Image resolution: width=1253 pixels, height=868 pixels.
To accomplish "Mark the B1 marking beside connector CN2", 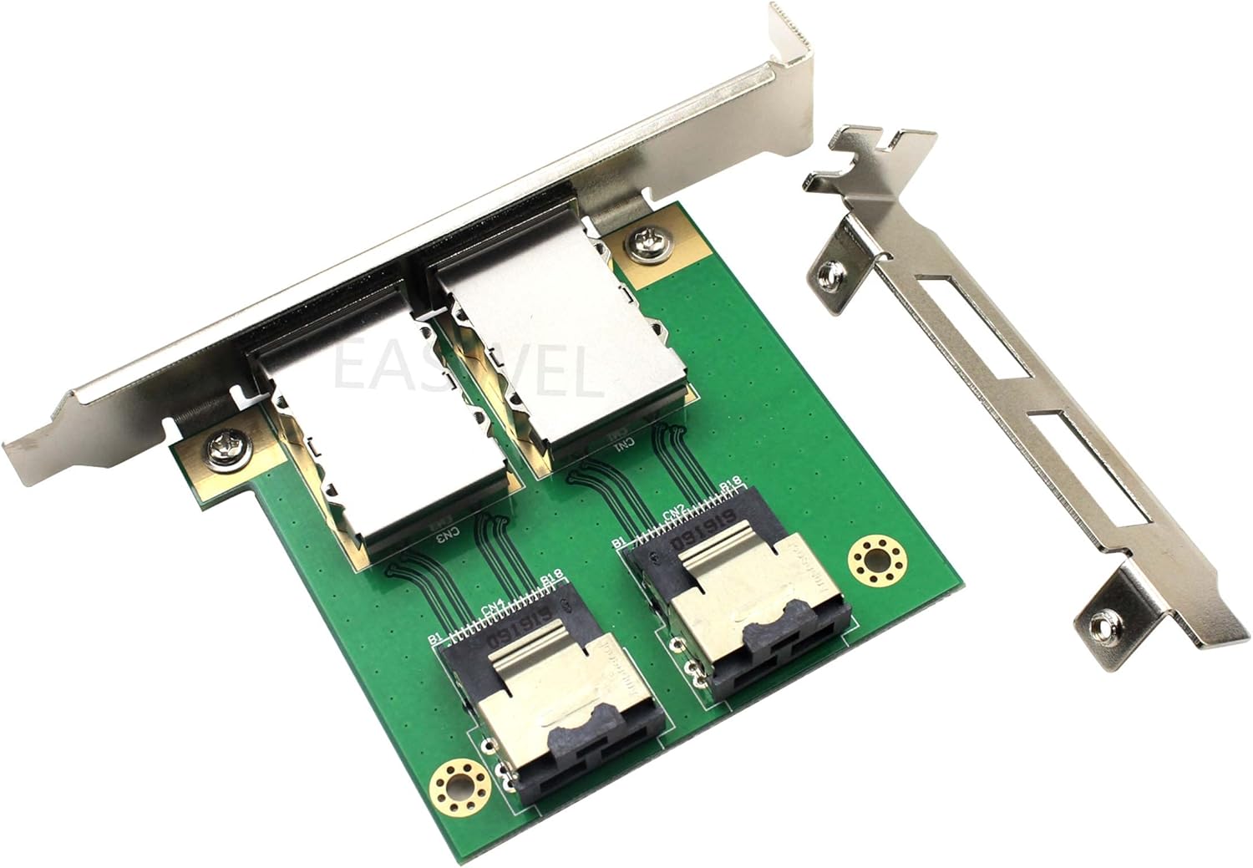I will (x=619, y=543).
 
